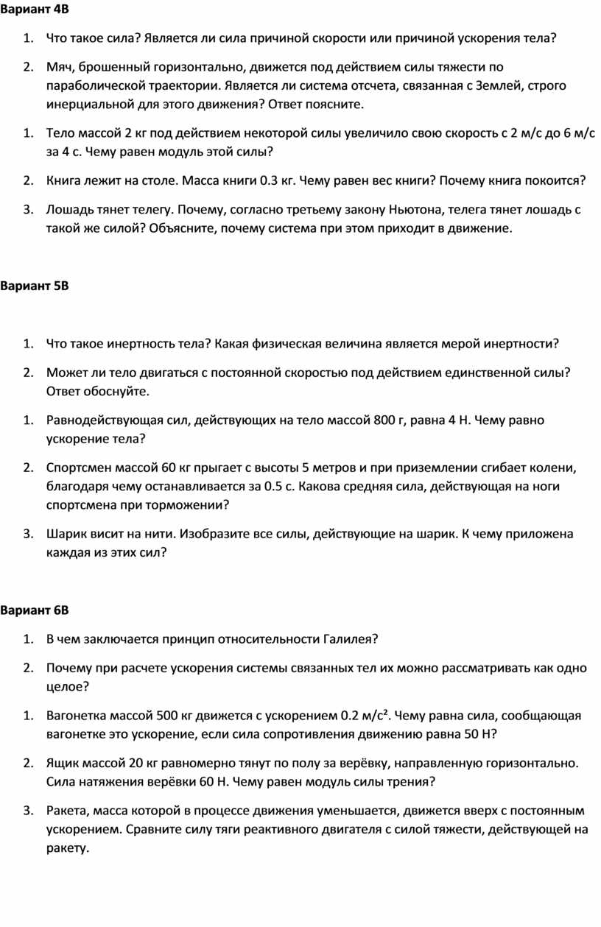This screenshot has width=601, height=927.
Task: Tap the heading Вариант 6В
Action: click(x=35, y=610)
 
